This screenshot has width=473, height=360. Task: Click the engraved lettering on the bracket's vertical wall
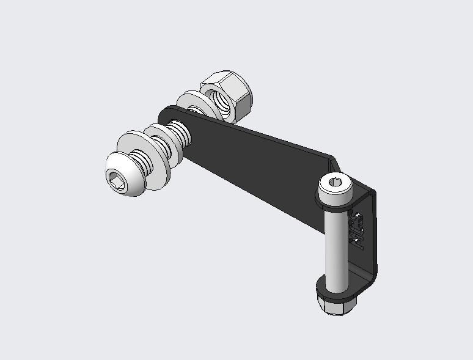click(x=358, y=230)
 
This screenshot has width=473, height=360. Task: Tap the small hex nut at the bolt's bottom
click(x=334, y=305)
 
